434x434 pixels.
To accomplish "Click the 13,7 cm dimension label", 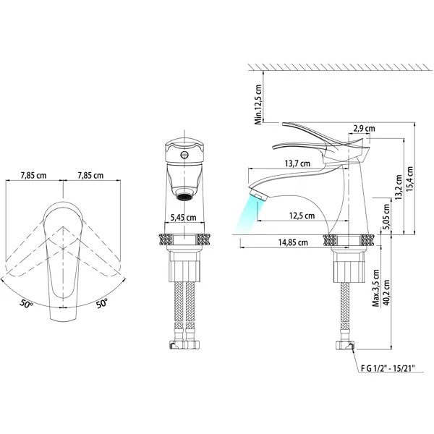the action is click(297, 163).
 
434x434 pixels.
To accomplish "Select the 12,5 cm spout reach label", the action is click(302, 216).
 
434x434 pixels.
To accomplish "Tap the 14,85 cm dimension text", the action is click(293, 242).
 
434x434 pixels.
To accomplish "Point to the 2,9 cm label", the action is click(365, 129).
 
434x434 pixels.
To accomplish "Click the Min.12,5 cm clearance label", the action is click(258, 105).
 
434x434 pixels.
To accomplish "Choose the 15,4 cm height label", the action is click(409, 179).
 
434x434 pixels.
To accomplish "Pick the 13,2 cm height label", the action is click(399, 187).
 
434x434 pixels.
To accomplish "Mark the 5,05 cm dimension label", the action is click(387, 217).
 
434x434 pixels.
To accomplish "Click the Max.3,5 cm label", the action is click(375, 289).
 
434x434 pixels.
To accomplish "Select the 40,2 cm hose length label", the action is click(387, 292).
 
